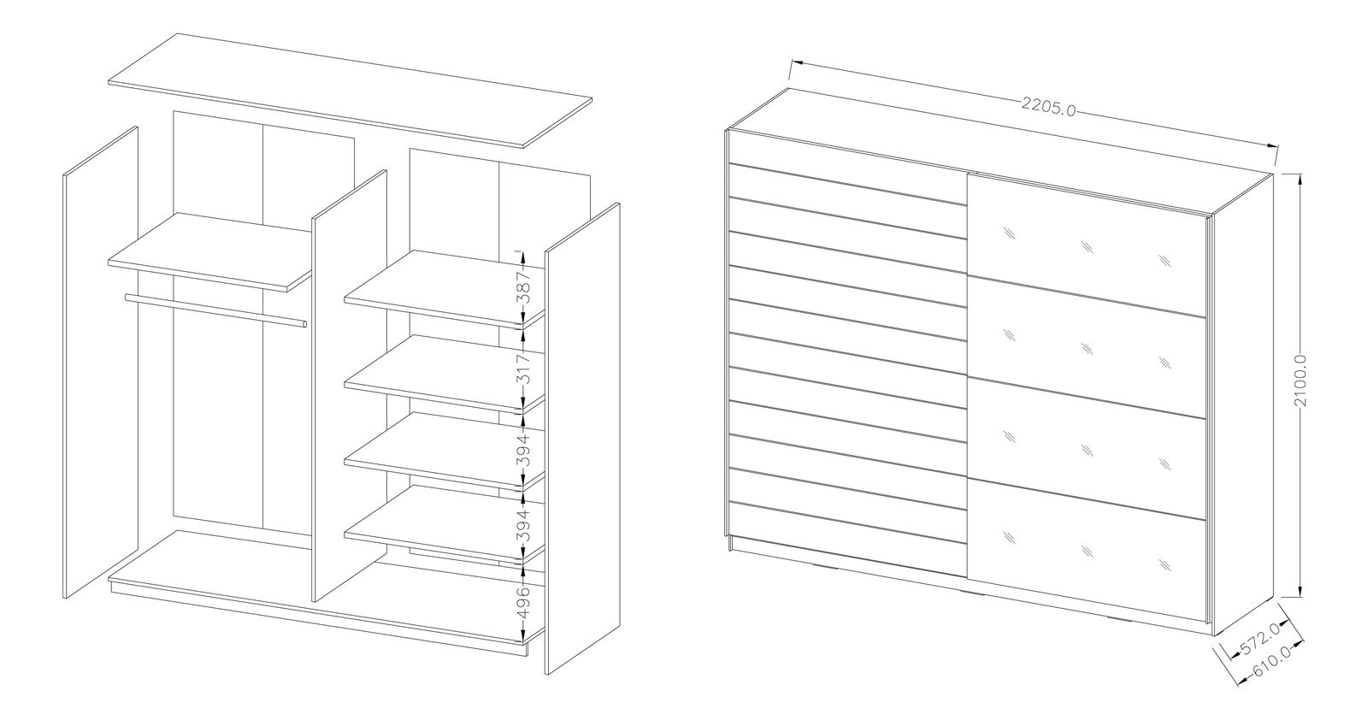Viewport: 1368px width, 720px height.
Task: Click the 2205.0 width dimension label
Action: (x=1048, y=108)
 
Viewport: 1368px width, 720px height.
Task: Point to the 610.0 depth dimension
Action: (x=1271, y=662)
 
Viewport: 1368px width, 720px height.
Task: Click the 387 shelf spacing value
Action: (x=523, y=287)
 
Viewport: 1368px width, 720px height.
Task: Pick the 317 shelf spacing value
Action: (x=523, y=369)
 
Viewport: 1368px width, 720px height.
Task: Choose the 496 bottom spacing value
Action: (x=523, y=601)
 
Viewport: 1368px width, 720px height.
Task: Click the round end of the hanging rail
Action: (x=304, y=324)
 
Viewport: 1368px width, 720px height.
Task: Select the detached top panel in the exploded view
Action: (x=350, y=91)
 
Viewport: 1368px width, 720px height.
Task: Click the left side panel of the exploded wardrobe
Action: (x=101, y=363)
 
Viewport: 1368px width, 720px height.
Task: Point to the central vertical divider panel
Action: (x=350, y=386)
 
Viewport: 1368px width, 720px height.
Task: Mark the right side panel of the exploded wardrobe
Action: (x=582, y=439)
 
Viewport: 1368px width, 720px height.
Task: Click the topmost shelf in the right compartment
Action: (x=444, y=287)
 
